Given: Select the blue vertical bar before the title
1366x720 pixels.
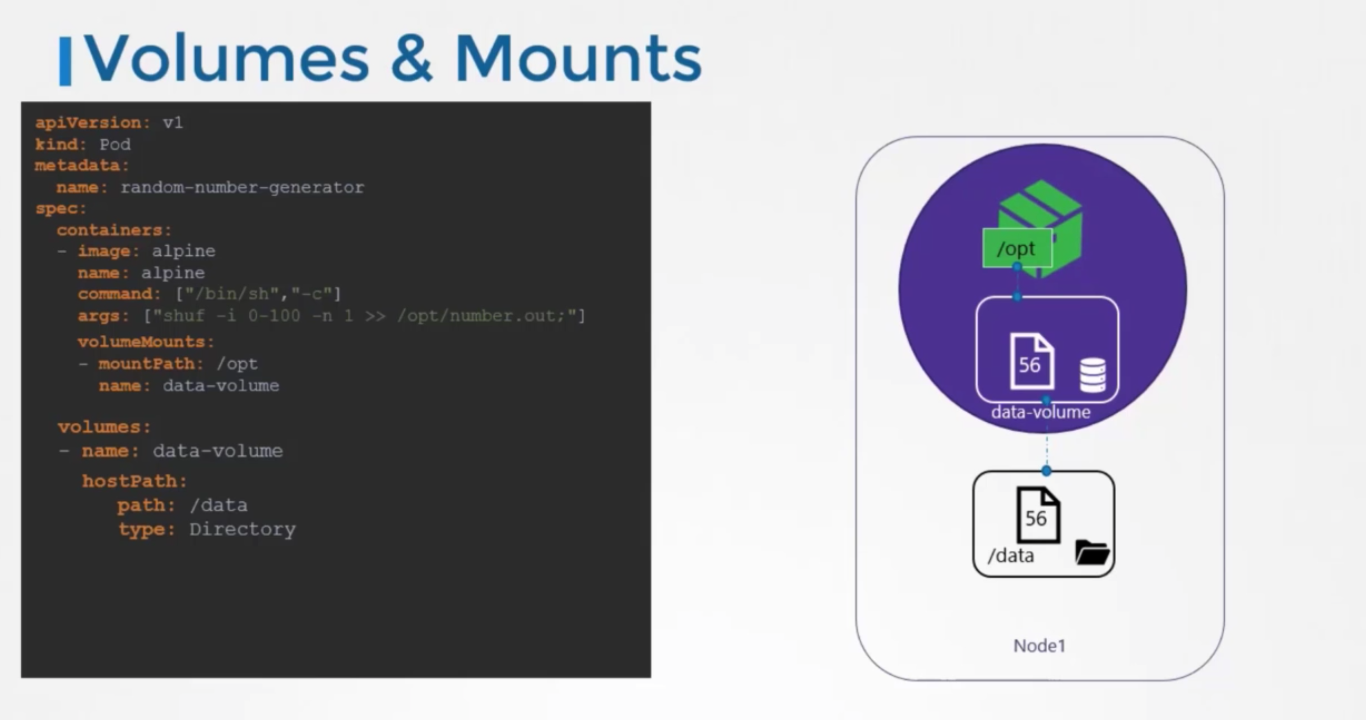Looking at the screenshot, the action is pos(65,62).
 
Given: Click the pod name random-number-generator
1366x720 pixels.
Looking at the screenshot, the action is pos(242,187).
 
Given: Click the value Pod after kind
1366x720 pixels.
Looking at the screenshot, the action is pos(115,145).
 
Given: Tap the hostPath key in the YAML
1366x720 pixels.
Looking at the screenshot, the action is pos(134,481).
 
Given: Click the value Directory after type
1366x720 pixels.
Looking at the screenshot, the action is pos(242,529).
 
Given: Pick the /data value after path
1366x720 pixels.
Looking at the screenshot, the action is pos(219,505).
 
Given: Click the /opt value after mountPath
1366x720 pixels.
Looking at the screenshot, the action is pos(237,364).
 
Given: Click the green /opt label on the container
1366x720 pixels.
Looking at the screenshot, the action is pos(1016,248).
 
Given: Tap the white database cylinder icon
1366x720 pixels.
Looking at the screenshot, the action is pos(1092,375).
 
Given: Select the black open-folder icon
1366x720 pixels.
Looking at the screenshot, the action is pos(1091,552).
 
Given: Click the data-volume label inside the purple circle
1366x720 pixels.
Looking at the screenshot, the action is pos(1040,413).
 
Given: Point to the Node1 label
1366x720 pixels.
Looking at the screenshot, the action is pos(1039,646).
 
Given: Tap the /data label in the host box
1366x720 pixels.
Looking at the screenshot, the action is pos(1011,556).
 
